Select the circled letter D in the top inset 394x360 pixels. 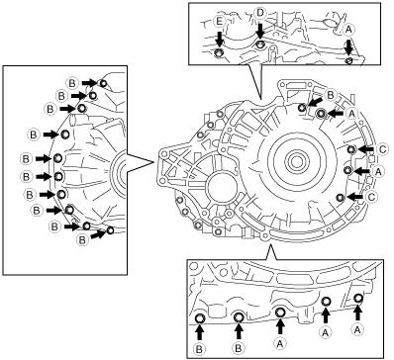260,13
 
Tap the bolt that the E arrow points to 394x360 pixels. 219,52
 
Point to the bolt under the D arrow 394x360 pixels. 260,45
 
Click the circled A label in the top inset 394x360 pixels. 349,30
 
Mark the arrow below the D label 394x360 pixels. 260,31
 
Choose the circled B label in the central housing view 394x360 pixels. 330,95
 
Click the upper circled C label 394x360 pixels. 382,149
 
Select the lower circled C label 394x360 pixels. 371,197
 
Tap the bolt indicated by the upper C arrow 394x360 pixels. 351,149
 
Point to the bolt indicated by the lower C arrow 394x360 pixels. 341,197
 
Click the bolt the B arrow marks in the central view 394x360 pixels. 302,107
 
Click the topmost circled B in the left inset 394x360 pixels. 72,83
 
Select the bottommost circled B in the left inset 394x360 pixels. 82,240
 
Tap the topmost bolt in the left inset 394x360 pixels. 103,83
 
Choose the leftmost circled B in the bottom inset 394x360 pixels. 200,349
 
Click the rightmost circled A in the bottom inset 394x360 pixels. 357,329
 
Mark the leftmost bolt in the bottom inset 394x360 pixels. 200,318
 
